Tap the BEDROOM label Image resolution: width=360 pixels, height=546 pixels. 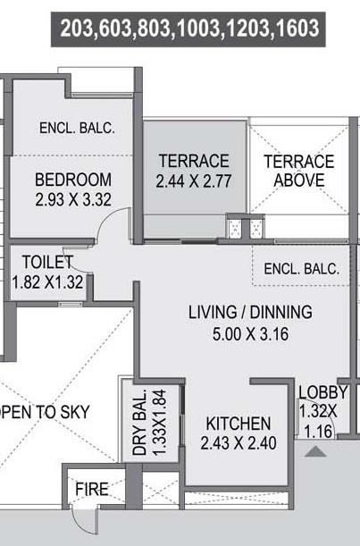(x=73, y=179)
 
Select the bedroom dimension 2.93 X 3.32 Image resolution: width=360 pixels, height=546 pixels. (x=73, y=199)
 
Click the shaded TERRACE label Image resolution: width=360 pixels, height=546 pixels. (x=194, y=161)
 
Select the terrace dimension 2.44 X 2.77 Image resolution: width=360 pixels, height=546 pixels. (x=194, y=181)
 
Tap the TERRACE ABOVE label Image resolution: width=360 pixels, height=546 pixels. (x=298, y=171)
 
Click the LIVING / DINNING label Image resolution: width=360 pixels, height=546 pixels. (x=250, y=313)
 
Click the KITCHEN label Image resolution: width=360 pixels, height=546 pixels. (x=238, y=423)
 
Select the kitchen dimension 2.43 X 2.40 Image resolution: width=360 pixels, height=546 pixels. (x=238, y=443)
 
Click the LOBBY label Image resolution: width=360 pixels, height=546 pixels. (x=322, y=391)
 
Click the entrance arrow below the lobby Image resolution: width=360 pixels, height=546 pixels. (x=315, y=452)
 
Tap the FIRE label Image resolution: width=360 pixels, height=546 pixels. (x=92, y=490)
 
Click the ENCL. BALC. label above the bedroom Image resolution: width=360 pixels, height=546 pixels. (x=77, y=128)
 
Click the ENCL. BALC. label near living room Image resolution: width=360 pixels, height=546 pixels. (x=302, y=268)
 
